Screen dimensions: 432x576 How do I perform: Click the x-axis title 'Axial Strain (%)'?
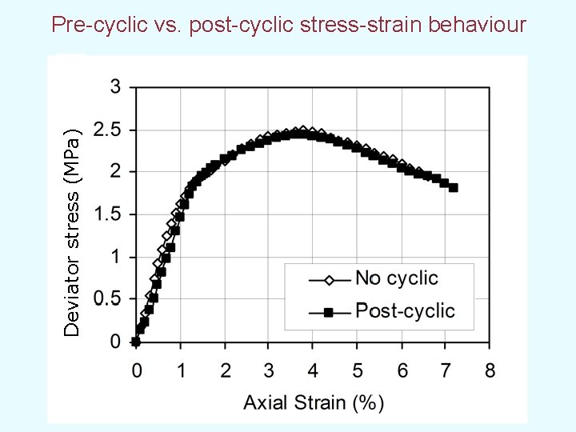314,402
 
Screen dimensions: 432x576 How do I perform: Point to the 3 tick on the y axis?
115,87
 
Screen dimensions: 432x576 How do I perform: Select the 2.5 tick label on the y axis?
108,130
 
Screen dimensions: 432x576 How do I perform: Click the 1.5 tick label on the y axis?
108,214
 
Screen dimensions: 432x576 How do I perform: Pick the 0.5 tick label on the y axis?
108,299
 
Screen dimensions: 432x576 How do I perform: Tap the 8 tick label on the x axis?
490,370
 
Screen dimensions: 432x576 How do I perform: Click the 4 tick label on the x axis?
313,370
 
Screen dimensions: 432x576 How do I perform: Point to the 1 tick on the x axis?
181,370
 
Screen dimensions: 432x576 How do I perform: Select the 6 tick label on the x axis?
402,370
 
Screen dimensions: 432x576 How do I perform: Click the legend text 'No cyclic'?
397,278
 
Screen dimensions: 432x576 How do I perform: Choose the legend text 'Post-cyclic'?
405,310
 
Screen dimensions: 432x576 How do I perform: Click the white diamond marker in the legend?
328,280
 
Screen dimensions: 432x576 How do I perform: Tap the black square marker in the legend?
328,312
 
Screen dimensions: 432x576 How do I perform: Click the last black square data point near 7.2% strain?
454,187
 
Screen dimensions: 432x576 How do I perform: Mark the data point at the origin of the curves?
136,342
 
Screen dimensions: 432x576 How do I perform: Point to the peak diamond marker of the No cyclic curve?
301,131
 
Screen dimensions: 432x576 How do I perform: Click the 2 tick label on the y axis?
115,172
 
